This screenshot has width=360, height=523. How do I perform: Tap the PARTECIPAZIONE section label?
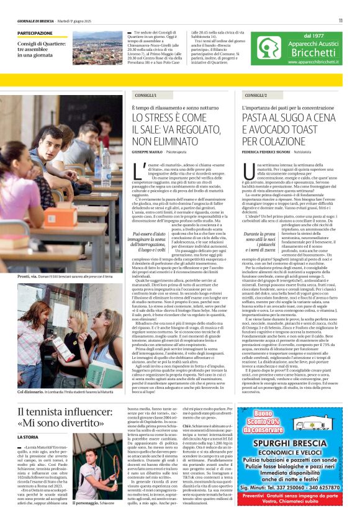(x=35, y=33)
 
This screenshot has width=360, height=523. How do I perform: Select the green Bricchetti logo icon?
(x=271, y=47)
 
